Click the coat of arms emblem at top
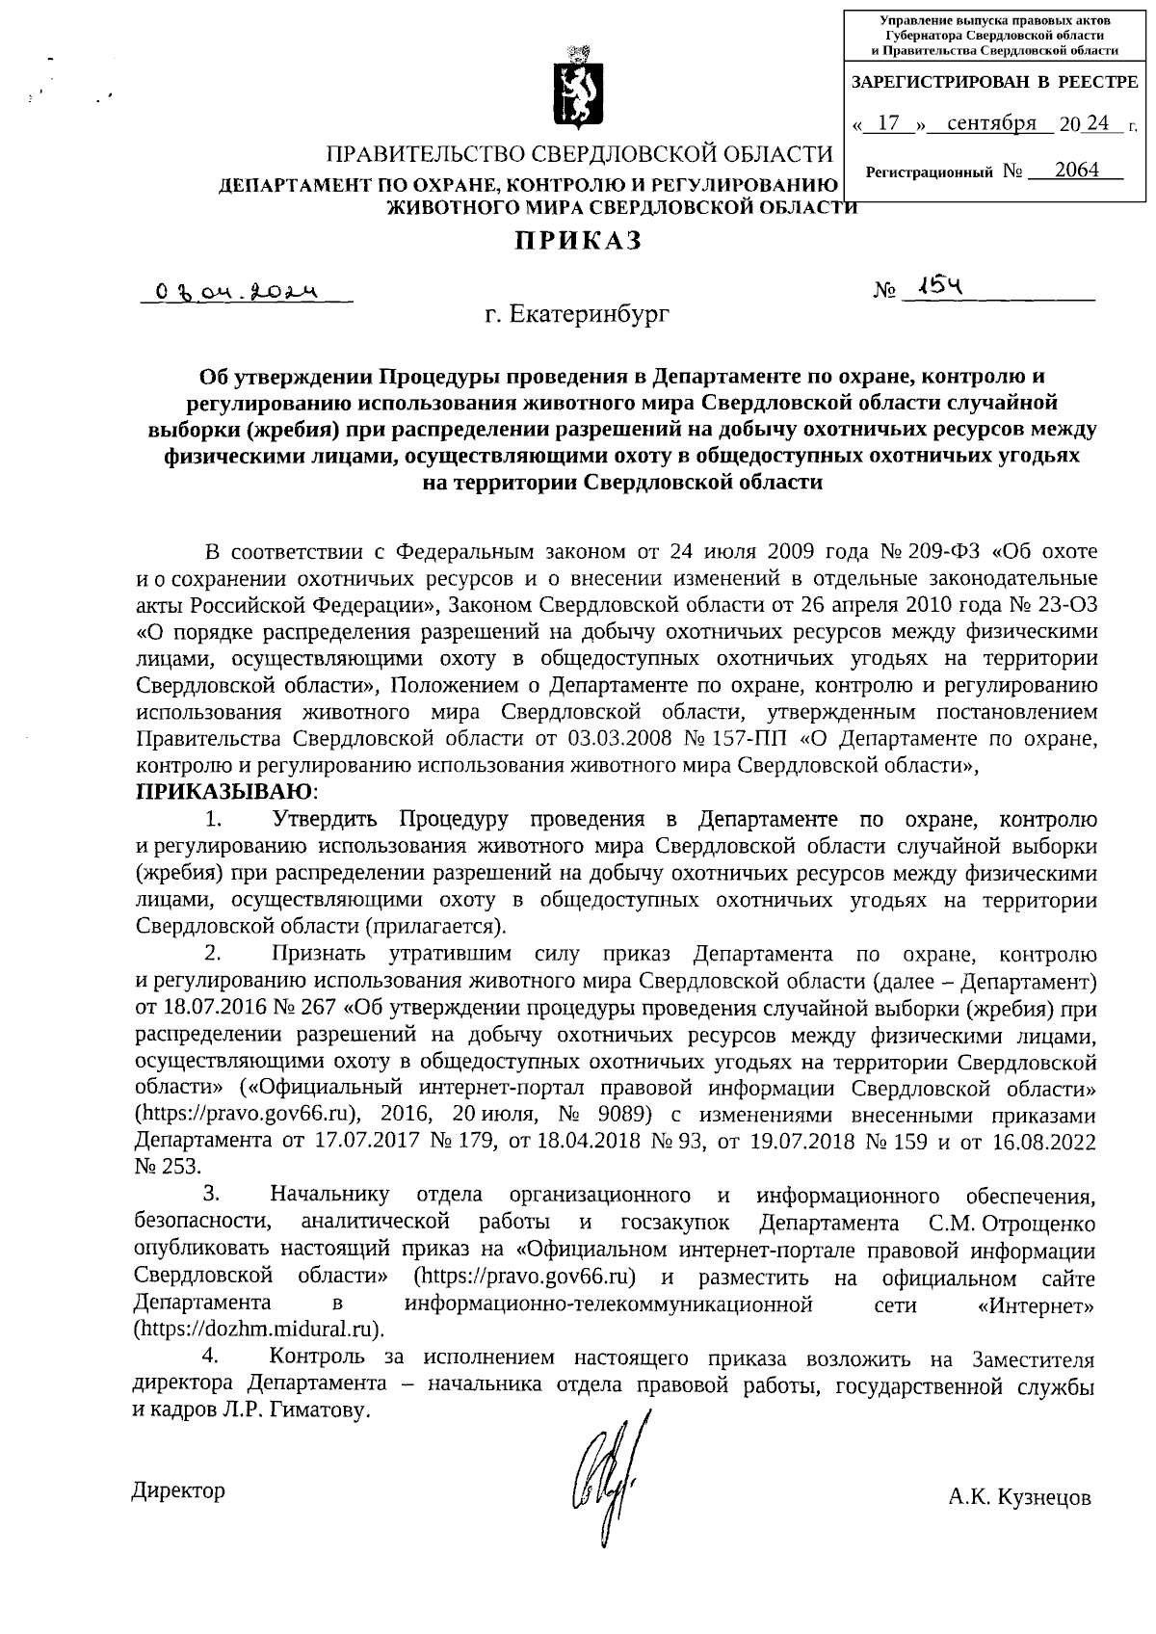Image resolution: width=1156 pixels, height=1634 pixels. pos(578,89)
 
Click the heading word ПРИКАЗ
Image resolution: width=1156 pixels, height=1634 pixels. pos(577,241)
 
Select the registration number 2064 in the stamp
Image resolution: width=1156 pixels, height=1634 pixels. pos(1076,171)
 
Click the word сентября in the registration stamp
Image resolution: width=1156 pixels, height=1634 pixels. pos(991,123)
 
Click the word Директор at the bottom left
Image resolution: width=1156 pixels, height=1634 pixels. pos(178,1491)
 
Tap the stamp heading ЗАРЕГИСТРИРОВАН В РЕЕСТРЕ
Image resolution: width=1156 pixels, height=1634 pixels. pos(994,84)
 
